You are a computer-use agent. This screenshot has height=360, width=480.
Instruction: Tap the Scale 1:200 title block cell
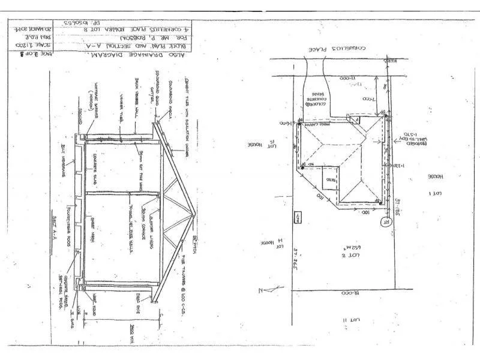pos(37,44)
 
